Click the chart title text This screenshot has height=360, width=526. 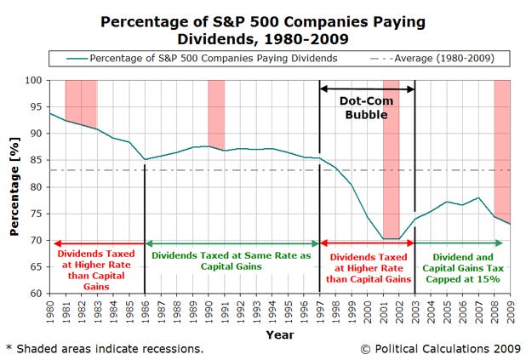coord(263,29)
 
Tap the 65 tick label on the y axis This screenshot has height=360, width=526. coord(36,266)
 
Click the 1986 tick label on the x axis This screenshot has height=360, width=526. coord(144,310)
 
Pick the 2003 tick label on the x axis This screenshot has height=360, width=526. coord(415,310)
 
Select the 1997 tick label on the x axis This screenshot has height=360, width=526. coord(319,310)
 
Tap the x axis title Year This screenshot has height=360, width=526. coord(279,334)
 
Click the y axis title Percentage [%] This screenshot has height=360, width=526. coord(14,186)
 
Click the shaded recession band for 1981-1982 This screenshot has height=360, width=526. coord(81,103)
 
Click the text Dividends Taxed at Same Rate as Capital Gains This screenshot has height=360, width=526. coord(232,259)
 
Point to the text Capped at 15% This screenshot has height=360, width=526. coord(464,277)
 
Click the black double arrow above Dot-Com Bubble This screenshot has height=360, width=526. coord(367,88)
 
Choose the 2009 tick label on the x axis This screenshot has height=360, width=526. coord(510,310)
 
